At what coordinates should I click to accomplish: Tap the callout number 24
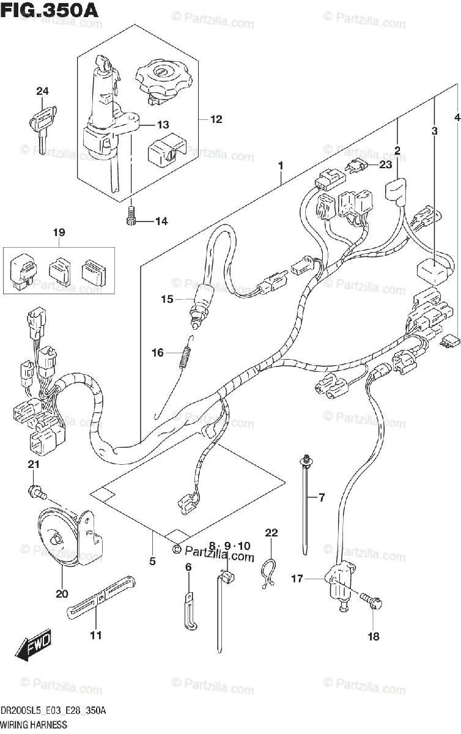[x=42, y=92]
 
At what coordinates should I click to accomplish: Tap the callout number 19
[x=58, y=232]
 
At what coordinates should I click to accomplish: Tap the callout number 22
[x=271, y=533]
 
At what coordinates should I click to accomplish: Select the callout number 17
[x=297, y=577]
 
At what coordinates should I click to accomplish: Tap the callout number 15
[x=168, y=299]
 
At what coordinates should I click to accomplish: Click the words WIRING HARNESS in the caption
[x=34, y=725]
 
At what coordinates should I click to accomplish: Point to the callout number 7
[x=322, y=498]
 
